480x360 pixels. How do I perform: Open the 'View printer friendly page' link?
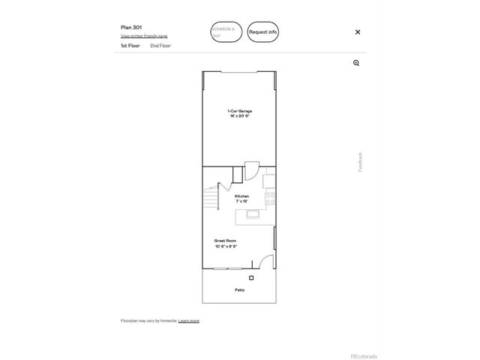pyautogui.click(x=144, y=36)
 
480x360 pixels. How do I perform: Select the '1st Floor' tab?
pyautogui.click(x=130, y=46)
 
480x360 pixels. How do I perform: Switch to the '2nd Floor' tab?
pyautogui.click(x=160, y=46)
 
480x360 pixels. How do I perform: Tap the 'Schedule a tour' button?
pyautogui.click(x=223, y=31)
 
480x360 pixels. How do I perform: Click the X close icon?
pyautogui.click(x=358, y=32)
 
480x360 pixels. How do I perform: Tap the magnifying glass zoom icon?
pyautogui.click(x=356, y=63)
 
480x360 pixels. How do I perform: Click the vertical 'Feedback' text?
pyautogui.click(x=360, y=162)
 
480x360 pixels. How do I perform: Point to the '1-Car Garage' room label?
pyautogui.click(x=240, y=111)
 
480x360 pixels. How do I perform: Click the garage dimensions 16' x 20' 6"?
pyautogui.click(x=240, y=116)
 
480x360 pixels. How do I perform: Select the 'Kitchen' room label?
pyautogui.click(x=241, y=196)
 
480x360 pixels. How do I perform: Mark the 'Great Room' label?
pyautogui.click(x=226, y=241)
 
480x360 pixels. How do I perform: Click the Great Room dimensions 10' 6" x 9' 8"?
pyautogui.click(x=226, y=246)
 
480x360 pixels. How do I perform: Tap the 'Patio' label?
pyautogui.click(x=239, y=289)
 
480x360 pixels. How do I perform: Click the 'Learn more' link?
pyautogui.click(x=189, y=320)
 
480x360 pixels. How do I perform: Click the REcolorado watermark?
pyautogui.click(x=364, y=355)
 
